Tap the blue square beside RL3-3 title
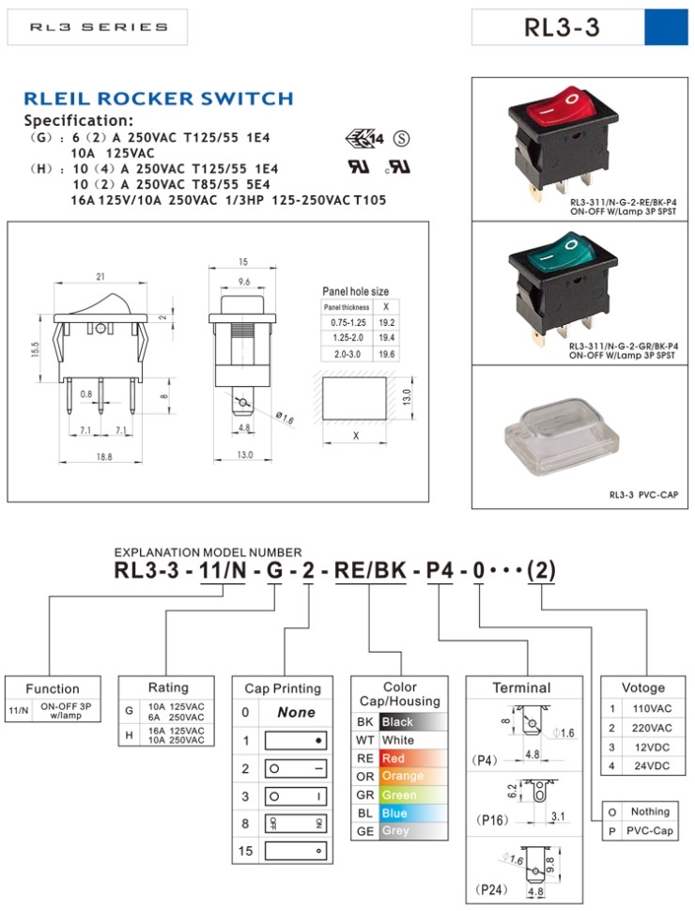[x=667, y=27]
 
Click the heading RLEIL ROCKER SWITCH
[x=158, y=99]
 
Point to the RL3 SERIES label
[x=98, y=27]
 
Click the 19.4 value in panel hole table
[x=386, y=336]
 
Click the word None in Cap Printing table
[x=296, y=713]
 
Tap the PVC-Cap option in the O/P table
[x=650, y=830]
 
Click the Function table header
[x=53, y=688]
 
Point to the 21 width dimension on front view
[x=100, y=275]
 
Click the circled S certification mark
[x=401, y=139]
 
